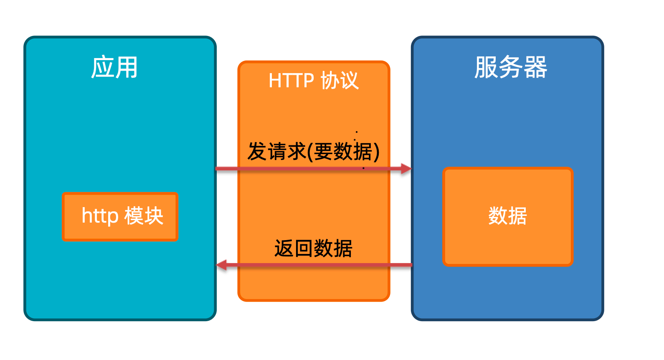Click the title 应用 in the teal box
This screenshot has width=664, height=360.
click(114, 67)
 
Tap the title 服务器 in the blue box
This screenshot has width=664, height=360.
click(510, 67)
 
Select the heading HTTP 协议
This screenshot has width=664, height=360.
click(314, 80)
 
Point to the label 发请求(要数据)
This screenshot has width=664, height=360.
click(314, 151)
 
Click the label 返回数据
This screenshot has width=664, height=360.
click(314, 248)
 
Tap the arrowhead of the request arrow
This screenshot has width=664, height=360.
click(406, 169)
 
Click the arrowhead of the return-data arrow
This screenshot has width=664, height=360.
click(221, 265)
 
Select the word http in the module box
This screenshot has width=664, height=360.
click(100, 216)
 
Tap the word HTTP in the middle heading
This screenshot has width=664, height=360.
click(291, 81)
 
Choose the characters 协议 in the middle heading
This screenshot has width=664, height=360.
click(340, 80)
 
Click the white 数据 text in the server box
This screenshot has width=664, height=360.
click(508, 216)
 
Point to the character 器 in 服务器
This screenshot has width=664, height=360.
click(536, 67)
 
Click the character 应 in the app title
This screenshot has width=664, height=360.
click(103, 67)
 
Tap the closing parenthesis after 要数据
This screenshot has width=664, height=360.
click(377, 152)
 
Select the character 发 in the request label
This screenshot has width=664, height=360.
click(257, 151)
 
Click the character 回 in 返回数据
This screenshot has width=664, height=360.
click(304, 248)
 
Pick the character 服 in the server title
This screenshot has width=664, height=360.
click(486, 67)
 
